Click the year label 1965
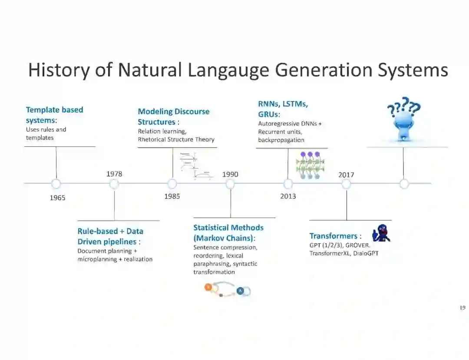pyautogui.click(x=57, y=198)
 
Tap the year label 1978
pyautogui.click(x=114, y=174)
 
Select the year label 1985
pyautogui.click(x=172, y=196)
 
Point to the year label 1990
pyautogui.click(x=230, y=175)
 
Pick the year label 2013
pyautogui.click(x=288, y=196)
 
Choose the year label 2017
pyautogui.click(x=346, y=175)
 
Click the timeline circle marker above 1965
pyautogui.click(x=56, y=184)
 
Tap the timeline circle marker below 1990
pyautogui.click(x=230, y=184)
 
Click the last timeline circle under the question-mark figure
pyautogui.click(x=404, y=184)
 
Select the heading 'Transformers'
pyautogui.click(x=333, y=236)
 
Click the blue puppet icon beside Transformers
pyautogui.click(x=382, y=233)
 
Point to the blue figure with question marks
pyautogui.click(x=403, y=119)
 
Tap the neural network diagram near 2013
pyautogui.click(x=310, y=165)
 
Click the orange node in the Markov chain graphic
pyautogui.click(x=208, y=287)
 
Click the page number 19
pyautogui.click(x=462, y=308)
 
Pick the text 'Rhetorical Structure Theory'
pyautogui.click(x=176, y=139)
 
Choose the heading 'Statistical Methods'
pyautogui.click(x=228, y=228)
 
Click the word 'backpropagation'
pyautogui.click(x=281, y=140)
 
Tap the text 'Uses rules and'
pyautogui.click(x=46, y=129)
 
